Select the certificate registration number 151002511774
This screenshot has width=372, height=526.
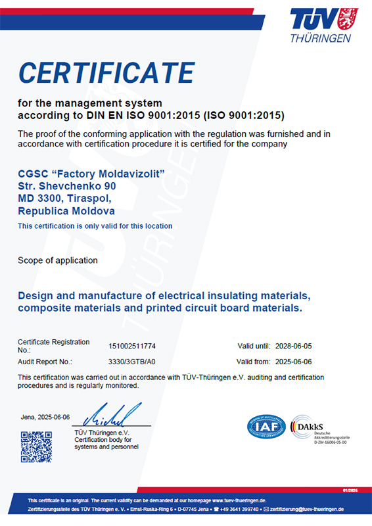tap(132, 345)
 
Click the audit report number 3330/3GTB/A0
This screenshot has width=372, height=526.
tap(131, 362)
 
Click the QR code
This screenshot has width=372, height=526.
tap(36, 447)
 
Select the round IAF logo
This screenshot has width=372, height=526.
tap(265, 426)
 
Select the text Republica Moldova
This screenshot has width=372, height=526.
tap(66, 211)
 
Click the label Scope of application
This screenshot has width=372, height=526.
tap(58, 260)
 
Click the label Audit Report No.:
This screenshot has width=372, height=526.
tap(45, 362)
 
